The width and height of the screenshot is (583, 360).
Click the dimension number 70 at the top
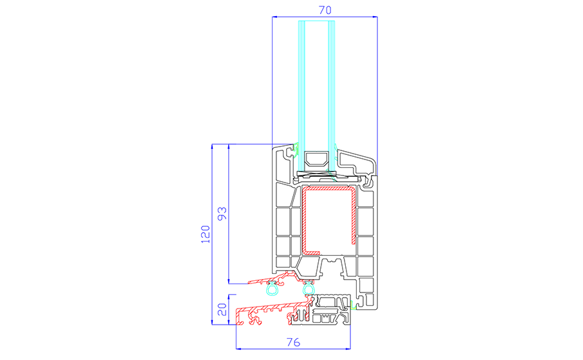325,10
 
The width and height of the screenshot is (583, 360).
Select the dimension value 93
222,213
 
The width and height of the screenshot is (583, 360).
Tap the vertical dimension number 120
206,234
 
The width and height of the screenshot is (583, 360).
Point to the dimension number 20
222,309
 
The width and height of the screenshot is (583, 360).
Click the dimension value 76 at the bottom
293,342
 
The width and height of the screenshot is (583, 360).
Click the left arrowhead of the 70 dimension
275,17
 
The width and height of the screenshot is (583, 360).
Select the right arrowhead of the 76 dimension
348,349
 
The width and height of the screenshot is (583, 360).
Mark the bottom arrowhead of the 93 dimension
228,281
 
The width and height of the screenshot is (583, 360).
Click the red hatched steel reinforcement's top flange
328,189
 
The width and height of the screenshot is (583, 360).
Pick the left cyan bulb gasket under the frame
272,288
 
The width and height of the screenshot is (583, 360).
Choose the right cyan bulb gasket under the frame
309,288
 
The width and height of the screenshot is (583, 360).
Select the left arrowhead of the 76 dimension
240,349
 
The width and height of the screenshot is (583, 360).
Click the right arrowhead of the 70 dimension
374,17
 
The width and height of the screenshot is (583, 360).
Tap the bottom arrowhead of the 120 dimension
212,321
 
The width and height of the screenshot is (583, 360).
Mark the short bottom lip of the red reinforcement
312,253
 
